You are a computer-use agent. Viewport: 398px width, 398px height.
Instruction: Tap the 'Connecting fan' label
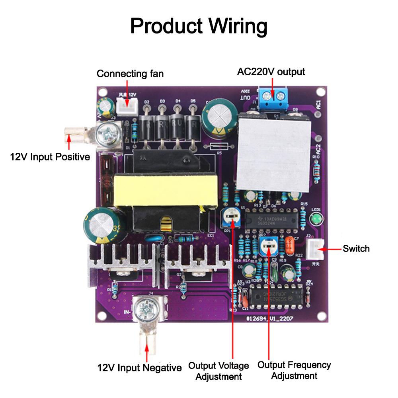click(x=130, y=74)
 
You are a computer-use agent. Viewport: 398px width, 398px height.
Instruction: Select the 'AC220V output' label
click(x=271, y=72)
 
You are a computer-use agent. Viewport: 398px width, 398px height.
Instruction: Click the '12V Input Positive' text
click(x=50, y=157)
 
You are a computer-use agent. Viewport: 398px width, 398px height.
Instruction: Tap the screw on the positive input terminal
click(x=107, y=132)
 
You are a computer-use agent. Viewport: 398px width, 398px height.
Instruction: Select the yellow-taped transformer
click(x=166, y=189)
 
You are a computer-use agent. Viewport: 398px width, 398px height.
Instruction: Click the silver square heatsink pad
click(x=274, y=155)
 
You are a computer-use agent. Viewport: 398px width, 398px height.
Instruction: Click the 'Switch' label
click(x=356, y=249)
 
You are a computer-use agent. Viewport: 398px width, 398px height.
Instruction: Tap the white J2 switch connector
click(x=317, y=249)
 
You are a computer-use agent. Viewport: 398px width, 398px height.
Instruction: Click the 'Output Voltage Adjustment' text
click(x=219, y=371)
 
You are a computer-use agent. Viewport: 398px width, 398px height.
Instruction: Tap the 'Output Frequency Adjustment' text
click(x=294, y=370)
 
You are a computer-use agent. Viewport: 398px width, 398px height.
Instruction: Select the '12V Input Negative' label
click(x=139, y=368)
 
